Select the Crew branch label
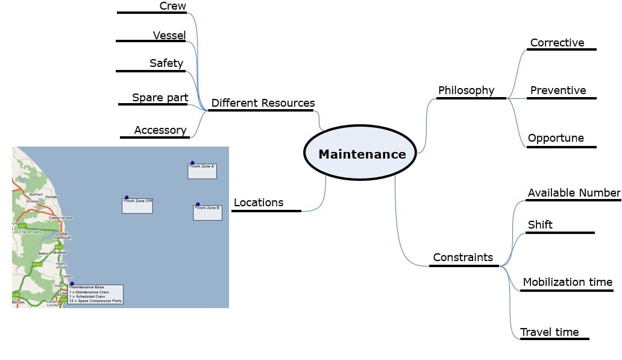click(x=172, y=6)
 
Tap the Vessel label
click(x=169, y=35)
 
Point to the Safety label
click(x=166, y=63)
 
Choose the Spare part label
click(x=160, y=98)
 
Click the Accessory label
click(x=160, y=130)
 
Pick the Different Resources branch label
click(x=263, y=103)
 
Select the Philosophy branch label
click(x=466, y=90)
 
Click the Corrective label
click(x=557, y=43)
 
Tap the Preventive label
click(x=558, y=90)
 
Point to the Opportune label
click(x=556, y=138)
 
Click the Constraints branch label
click(x=463, y=257)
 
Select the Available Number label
click(x=574, y=193)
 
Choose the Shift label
click(x=540, y=225)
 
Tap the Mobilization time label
click(x=567, y=282)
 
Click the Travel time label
click(x=549, y=332)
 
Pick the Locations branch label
click(x=258, y=203)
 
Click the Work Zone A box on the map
click(x=202, y=171)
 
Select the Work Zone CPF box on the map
click(x=137, y=205)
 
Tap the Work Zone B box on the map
click(x=207, y=212)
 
